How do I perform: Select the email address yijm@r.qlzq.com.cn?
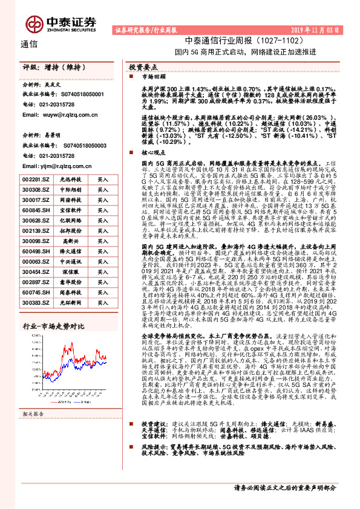coord(55,164)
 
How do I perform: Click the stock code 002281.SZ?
coord(36,180)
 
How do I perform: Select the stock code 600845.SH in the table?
coord(36,211)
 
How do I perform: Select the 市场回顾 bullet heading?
coord(152,78)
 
